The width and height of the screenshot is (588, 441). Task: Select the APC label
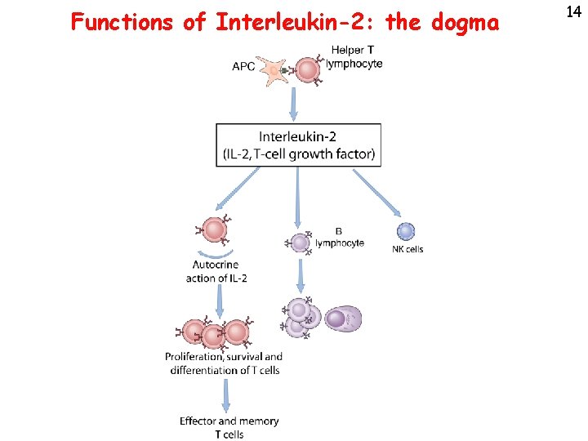pyautogui.click(x=243, y=67)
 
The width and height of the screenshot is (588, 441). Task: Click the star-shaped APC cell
pyautogui.click(x=275, y=69)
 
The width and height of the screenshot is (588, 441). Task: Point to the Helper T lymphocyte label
pyautogui.click(x=355, y=57)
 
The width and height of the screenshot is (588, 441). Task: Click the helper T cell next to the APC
pyautogui.click(x=307, y=69)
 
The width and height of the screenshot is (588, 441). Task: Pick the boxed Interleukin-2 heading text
pyautogui.click(x=297, y=136)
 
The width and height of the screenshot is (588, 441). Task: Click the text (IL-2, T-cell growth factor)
pyautogui.click(x=298, y=154)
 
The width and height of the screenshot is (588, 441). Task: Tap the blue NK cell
pyautogui.click(x=406, y=232)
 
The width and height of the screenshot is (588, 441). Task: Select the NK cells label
pyautogui.click(x=408, y=249)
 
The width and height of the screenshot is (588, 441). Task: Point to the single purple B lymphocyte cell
pyautogui.click(x=301, y=242)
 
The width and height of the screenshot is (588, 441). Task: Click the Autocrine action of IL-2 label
pyautogui.click(x=216, y=271)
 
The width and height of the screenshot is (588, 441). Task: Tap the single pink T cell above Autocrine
pyautogui.click(x=214, y=230)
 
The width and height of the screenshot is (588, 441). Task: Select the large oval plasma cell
pyautogui.click(x=342, y=319)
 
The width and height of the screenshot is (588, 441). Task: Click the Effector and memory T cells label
pyautogui.click(x=229, y=427)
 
